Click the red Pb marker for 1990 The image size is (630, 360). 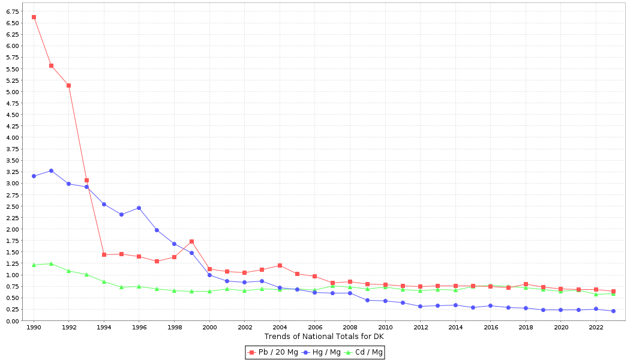(34, 17)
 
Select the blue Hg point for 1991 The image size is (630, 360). (51, 170)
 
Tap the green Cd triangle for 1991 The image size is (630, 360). (51, 263)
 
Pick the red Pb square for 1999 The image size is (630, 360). (191, 241)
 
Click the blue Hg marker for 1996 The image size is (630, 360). (139, 208)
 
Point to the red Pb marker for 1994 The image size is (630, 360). (104, 254)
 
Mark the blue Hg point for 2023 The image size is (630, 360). (613, 311)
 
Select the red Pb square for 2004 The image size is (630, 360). (280, 265)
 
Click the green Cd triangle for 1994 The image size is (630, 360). (104, 281)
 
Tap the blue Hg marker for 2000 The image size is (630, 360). (209, 275)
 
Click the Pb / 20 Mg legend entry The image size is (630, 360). (274, 352)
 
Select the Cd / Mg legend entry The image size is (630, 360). (365, 352)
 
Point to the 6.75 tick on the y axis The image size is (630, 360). (12, 11)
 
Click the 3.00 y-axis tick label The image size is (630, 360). (12, 184)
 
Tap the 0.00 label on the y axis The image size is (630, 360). (12, 321)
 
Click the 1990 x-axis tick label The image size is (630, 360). (34, 328)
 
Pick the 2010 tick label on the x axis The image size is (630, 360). (385, 328)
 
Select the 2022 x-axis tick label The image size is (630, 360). (596, 328)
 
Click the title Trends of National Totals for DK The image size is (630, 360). (324, 337)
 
